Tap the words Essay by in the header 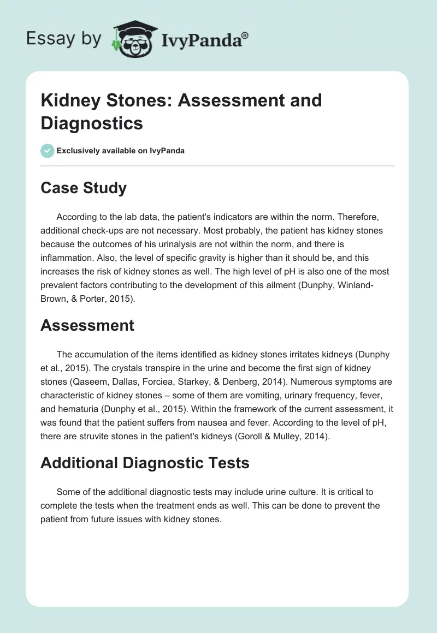[x=64, y=39]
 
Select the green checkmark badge [x=48, y=151]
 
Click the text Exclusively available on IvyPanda [x=121, y=151]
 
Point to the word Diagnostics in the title [x=92, y=123]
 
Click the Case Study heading [x=84, y=188]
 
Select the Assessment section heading [x=87, y=325]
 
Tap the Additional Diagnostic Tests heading [x=145, y=463]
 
